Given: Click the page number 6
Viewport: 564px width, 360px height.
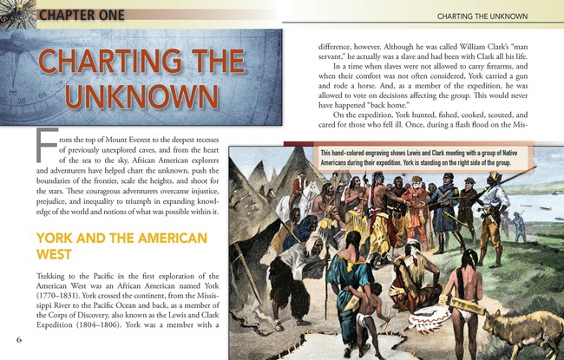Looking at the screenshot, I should point(18,338).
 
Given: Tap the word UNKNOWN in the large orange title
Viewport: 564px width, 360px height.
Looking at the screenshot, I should point(143,93).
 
